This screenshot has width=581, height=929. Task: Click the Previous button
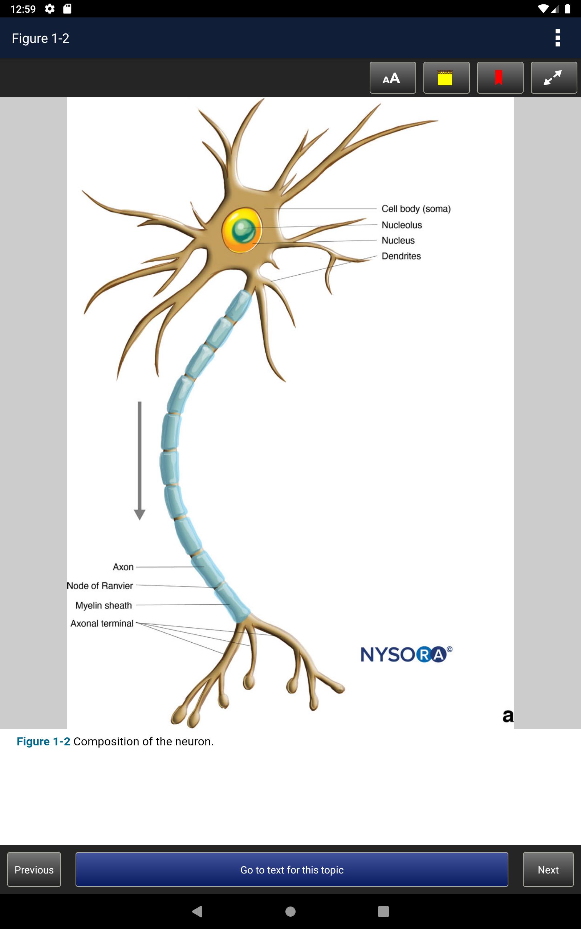[x=34, y=869]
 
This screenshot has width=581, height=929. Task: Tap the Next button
[x=548, y=869]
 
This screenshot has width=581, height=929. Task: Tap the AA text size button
[x=393, y=78]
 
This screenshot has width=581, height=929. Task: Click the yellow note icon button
[x=447, y=78]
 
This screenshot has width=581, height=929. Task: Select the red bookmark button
[x=500, y=78]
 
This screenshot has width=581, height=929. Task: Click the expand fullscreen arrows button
[x=554, y=78]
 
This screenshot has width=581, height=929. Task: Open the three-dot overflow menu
[x=557, y=38]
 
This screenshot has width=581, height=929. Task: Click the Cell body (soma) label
[x=416, y=209]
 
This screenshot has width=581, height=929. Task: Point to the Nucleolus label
[x=402, y=225]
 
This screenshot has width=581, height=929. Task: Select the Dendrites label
[x=401, y=256]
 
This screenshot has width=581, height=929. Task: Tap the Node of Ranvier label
[x=100, y=586]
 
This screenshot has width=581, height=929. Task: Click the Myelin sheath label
[x=104, y=605]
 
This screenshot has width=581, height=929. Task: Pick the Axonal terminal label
[x=102, y=623]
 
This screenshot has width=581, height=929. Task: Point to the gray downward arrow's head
[x=139, y=515]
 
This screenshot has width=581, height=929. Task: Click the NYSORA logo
[x=407, y=654]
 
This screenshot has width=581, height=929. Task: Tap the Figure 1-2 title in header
[x=40, y=38]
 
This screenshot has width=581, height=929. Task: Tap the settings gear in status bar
[x=50, y=9]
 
